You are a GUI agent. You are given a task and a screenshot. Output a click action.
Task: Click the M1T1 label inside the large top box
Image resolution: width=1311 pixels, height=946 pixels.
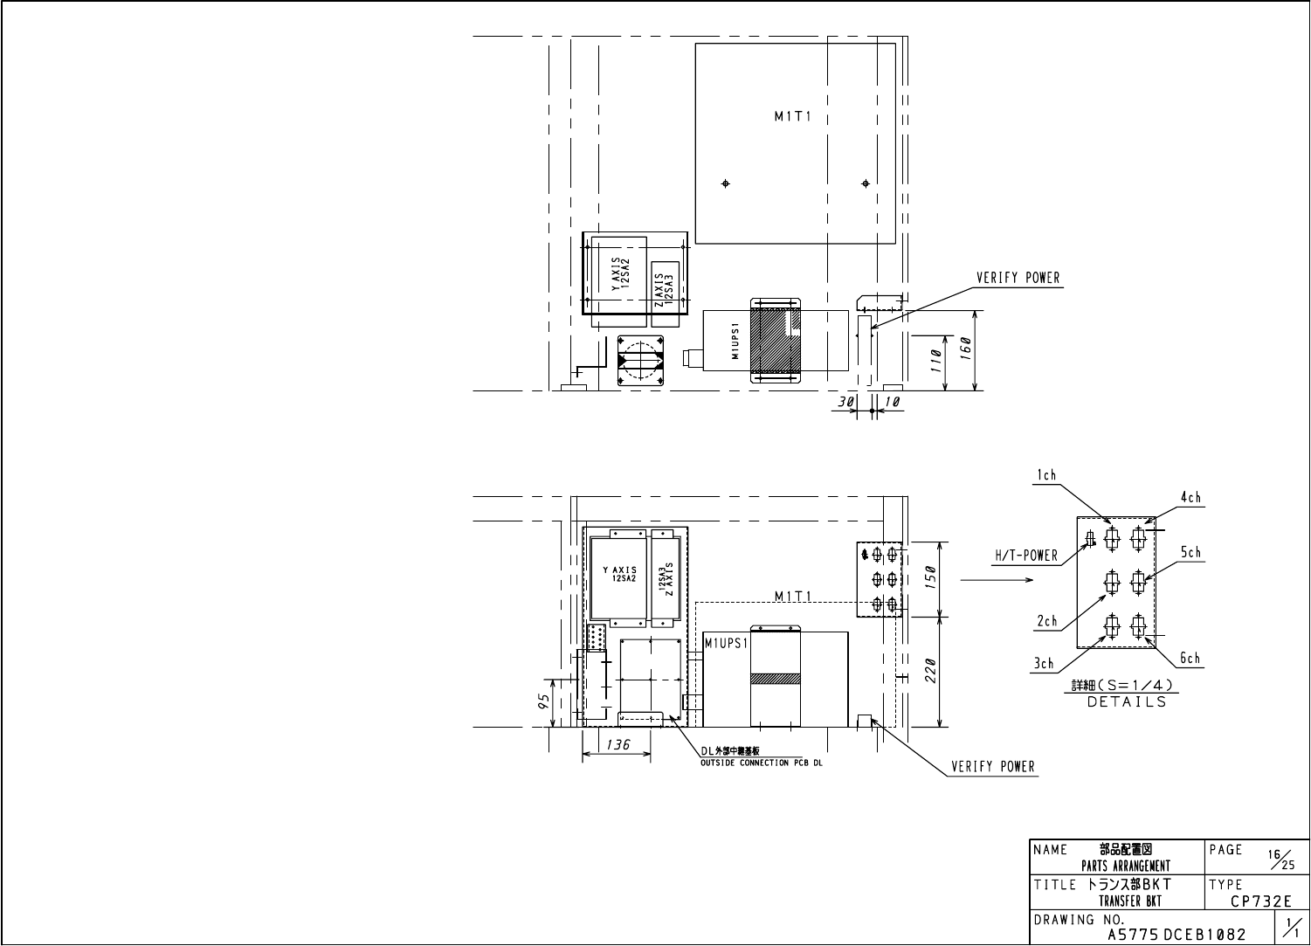coord(793,116)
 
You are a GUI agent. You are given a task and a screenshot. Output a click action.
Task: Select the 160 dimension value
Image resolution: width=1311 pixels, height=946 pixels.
coord(966,349)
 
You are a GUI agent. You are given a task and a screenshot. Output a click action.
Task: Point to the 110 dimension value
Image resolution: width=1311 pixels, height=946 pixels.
coord(935,361)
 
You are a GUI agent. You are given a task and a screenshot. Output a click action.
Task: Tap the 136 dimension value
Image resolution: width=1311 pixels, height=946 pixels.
coord(618,744)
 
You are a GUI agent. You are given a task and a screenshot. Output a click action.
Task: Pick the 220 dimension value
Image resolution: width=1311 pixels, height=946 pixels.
coord(930,671)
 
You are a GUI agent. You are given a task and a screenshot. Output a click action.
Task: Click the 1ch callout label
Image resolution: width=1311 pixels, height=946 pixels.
coord(1046,475)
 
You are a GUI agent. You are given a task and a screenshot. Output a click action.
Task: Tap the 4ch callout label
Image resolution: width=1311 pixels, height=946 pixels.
coord(1190,498)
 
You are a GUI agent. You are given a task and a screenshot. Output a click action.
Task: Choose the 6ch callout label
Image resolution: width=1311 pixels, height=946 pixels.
coord(1190,658)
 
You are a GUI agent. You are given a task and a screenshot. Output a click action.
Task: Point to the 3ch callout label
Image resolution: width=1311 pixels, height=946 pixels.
coord(1044,664)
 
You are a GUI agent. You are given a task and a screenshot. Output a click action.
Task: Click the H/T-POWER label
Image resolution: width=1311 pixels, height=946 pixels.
coord(1026,556)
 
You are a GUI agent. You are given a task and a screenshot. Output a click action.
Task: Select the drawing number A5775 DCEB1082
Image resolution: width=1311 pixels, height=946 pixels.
coord(1177,935)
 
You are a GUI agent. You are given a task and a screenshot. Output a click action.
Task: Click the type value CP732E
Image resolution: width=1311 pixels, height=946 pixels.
coord(1260,901)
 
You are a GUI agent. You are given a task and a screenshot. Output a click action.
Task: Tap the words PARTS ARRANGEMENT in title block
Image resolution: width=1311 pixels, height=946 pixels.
coord(1126,866)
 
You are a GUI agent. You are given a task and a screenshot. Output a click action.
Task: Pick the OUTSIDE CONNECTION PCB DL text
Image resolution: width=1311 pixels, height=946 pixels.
coord(762,763)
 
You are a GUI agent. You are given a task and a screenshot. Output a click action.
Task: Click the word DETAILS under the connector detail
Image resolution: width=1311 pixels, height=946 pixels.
coord(1127,702)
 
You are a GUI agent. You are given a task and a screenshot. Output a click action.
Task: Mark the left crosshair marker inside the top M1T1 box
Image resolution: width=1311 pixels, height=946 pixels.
coord(726,183)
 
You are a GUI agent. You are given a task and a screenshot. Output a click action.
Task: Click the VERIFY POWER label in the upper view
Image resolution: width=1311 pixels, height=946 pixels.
coord(1018,278)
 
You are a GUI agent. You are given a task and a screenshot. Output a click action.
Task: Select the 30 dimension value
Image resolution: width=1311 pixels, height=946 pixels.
coord(845,402)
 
